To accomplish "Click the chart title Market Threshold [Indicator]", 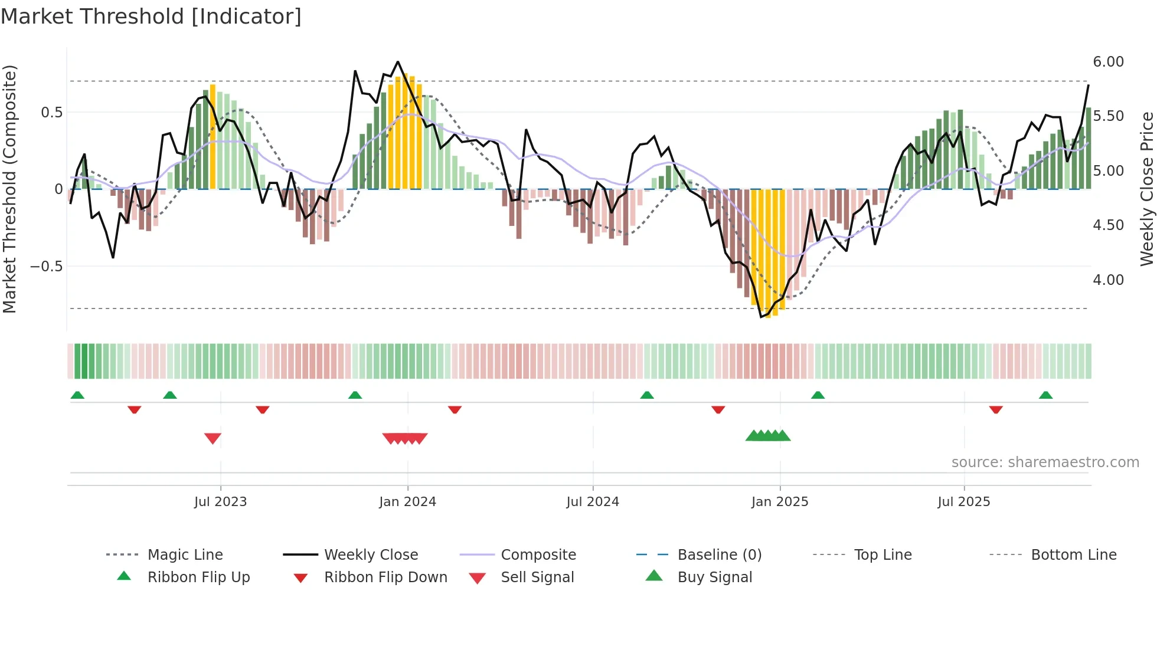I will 151,17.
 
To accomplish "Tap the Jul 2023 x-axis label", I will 220,502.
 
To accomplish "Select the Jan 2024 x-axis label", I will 407,502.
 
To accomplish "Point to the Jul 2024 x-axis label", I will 593,502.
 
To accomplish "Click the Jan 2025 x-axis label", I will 780,502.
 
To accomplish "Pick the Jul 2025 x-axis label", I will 964,502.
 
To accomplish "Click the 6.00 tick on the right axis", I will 1108,62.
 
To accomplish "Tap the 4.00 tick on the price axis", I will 1108,280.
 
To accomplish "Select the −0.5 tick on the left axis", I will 47,267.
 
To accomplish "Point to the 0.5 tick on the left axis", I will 51,113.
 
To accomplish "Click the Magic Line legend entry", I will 185,555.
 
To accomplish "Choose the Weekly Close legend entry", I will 371,555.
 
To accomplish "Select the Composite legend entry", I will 538,555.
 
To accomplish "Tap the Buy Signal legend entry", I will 714,577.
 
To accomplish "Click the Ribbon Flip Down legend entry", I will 385,577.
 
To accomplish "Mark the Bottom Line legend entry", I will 1073,555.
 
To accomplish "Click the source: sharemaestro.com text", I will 1045,462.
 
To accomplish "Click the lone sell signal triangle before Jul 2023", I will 213,438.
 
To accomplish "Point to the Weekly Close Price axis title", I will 1146,189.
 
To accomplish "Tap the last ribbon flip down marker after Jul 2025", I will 996,409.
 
